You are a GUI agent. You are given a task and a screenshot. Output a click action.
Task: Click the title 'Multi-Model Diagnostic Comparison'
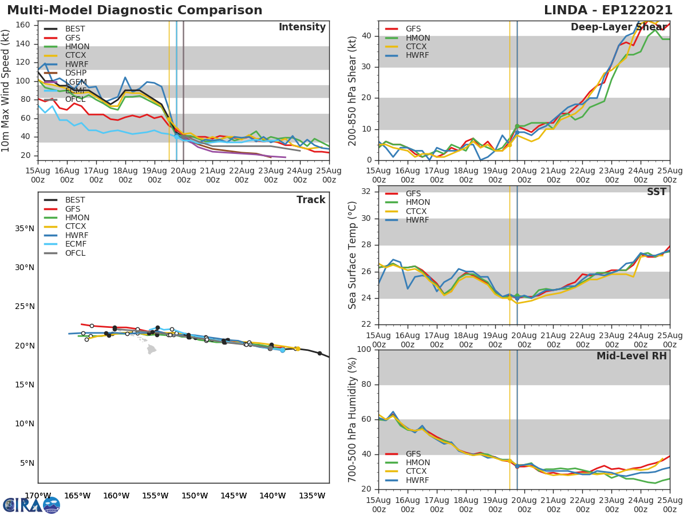click(x=135, y=10)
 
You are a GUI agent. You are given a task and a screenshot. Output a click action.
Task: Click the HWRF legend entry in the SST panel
click(x=417, y=220)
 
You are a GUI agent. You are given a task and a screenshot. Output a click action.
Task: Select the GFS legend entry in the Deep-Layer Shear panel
click(x=413, y=29)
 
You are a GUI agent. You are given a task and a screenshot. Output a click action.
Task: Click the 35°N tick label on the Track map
click(x=25, y=228)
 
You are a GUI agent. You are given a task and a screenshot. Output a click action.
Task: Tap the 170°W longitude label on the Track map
click(x=38, y=496)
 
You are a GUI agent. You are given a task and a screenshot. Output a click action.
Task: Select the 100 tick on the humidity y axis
click(x=363, y=350)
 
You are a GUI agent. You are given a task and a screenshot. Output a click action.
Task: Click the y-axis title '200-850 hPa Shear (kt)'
click(x=353, y=90)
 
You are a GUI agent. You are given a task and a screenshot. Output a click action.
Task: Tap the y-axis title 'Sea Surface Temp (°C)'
click(x=353, y=255)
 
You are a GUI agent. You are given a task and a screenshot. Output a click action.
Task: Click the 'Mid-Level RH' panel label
click(x=631, y=356)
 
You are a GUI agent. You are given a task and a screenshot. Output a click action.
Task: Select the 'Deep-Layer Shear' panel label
click(x=618, y=27)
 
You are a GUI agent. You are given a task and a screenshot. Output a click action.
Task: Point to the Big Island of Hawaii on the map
click(x=152, y=349)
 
